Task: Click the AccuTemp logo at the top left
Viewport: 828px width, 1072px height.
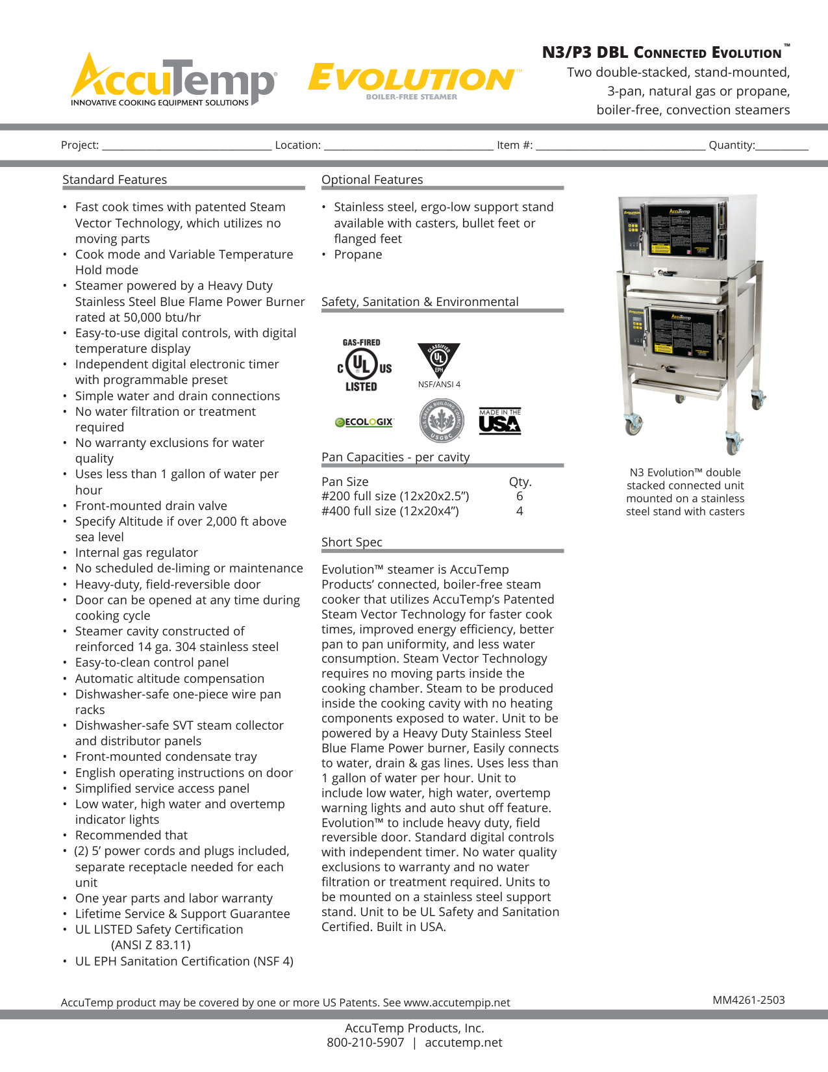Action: (x=173, y=81)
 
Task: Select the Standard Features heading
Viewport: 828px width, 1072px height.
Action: (x=114, y=180)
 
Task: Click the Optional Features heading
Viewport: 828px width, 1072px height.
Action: (x=372, y=180)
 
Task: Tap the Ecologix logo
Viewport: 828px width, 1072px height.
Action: (x=364, y=422)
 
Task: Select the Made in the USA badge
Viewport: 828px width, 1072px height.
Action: (x=500, y=422)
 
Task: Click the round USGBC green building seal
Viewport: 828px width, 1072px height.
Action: (x=441, y=420)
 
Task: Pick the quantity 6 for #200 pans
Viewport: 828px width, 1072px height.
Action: (x=520, y=496)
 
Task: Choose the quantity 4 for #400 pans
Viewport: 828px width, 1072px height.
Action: (x=520, y=511)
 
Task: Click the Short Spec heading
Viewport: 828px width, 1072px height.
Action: (x=352, y=542)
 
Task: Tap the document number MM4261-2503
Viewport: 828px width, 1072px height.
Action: (x=748, y=1000)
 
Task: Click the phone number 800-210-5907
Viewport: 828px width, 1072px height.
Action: (x=366, y=1043)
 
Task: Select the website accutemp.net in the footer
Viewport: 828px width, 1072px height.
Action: (x=464, y=1043)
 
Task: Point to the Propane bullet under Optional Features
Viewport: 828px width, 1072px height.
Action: (x=358, y=255)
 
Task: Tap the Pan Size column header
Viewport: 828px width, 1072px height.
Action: (x=345, y=482)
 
